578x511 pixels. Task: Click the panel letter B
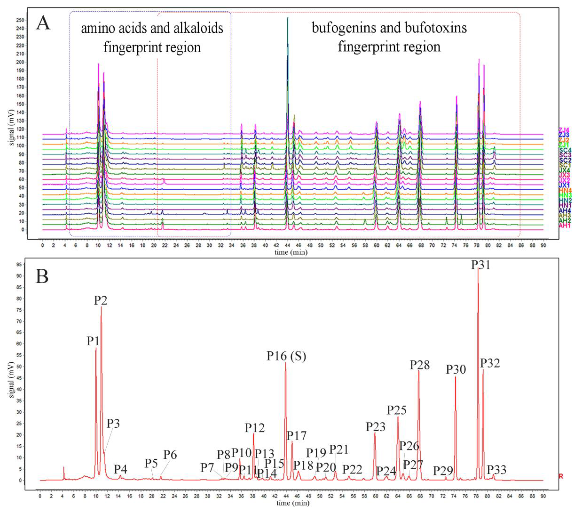point(42,277)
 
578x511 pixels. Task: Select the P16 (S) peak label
point(286,356)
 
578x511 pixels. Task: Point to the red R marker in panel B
point(561,476)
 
